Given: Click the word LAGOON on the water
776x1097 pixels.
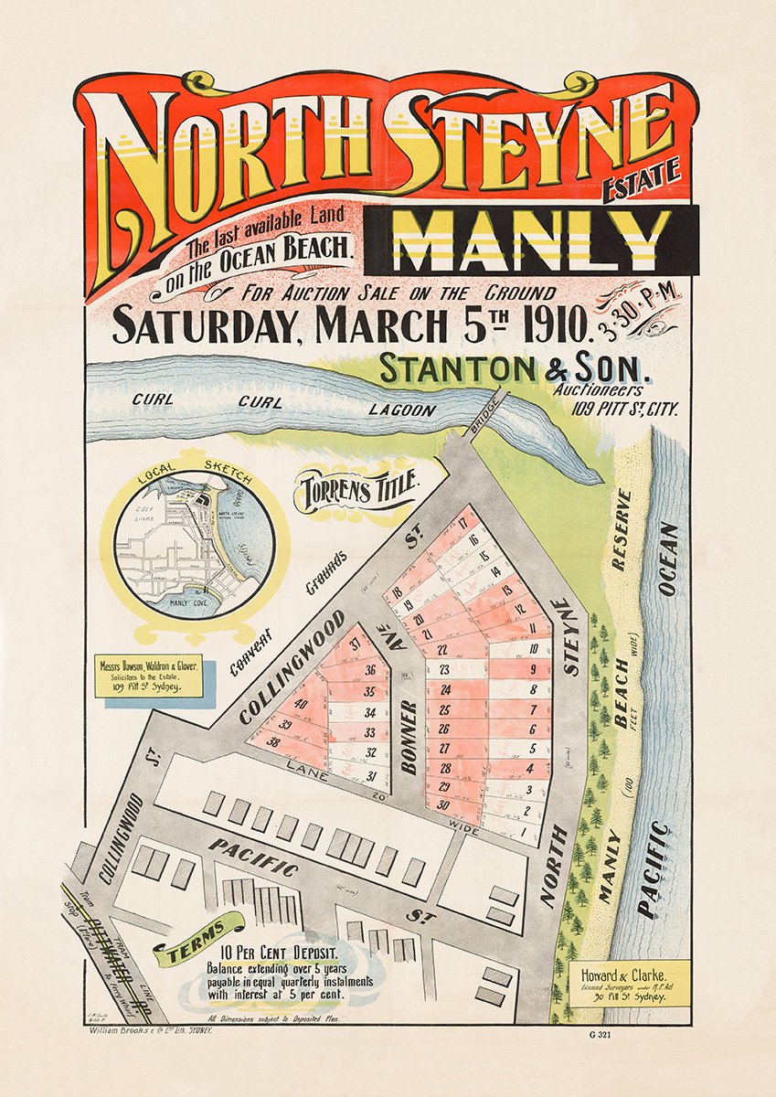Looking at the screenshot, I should point(402,410).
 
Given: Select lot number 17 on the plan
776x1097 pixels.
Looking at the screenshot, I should point(462,523).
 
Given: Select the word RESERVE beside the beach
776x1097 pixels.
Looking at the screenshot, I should point(622,530).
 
